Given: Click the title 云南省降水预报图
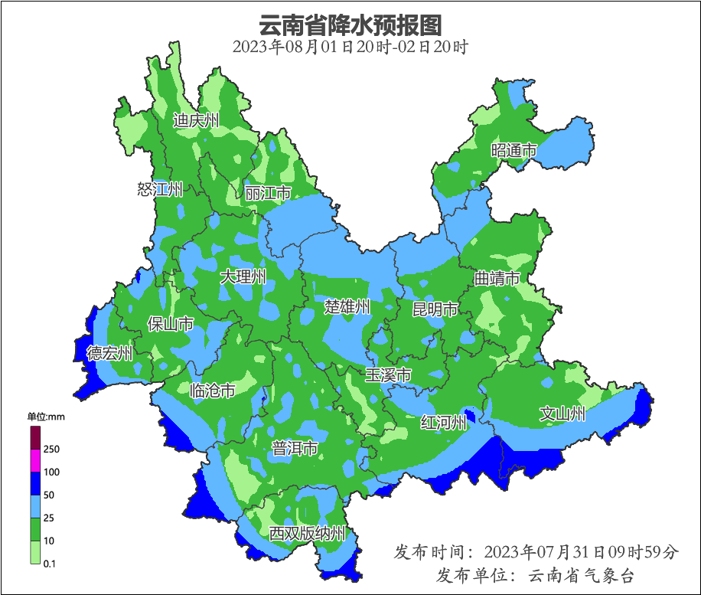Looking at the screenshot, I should coord(350,25).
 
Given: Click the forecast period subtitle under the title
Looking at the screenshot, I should coord(350,47).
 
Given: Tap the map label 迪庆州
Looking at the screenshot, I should coord(196,120).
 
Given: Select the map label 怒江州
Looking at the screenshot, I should coord(160,189).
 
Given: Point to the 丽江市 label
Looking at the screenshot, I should coord(268,193).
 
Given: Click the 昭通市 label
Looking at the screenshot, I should coord(514,150).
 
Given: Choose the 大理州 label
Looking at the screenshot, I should coord(243,276).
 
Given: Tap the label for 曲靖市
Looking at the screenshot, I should coord(497,277).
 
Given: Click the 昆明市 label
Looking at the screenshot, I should coord(435,309).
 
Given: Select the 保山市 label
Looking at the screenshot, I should coord(170,324).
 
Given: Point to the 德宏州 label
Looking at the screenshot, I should coord(109,353).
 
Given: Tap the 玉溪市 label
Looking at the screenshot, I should coord(388,375).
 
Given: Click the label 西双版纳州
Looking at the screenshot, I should coord(308,534).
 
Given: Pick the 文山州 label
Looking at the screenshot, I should coord(562,414).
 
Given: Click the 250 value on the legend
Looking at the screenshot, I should coord(52,449).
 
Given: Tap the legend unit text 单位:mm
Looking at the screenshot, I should coord(47,417).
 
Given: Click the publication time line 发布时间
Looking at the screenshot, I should coord(536,551).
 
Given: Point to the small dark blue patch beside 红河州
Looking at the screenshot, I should coord(470,417).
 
